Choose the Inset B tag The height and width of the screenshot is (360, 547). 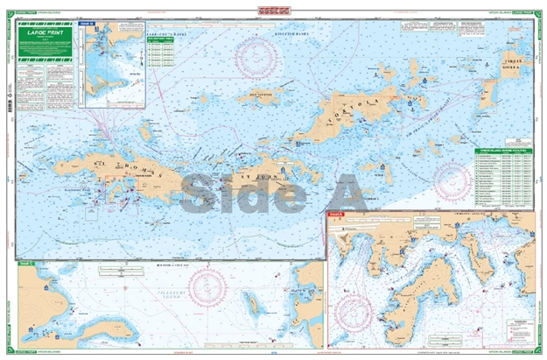[x=85, y=25]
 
